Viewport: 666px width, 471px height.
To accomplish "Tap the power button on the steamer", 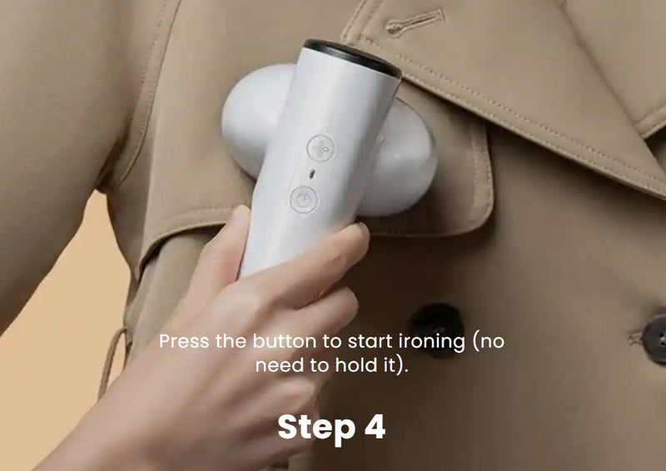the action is pyautogui.click(x=303, y=200).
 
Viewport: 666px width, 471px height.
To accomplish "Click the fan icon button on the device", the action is pyautogui.click(x=321, y=148).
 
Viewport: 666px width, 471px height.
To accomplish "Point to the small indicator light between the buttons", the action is pyautogui.click(x=312, y=173).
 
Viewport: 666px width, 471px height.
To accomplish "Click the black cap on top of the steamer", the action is pyautogui.click(x=352, y=57).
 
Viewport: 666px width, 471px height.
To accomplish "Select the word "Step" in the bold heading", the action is pyautogui.click(x=316, y=427).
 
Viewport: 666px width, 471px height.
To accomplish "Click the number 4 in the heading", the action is pyautogui.click(x=375, y=426).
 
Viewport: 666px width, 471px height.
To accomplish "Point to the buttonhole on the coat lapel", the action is pyautogui.click(x=415, y=22).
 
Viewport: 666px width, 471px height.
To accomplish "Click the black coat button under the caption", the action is pyautogui.click(x=438, y=325).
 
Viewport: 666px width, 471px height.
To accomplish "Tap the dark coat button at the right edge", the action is pyautogui.click(x=655, y=340).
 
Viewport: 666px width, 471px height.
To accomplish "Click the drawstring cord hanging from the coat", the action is pyautogui.click(x=112, y=361).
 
